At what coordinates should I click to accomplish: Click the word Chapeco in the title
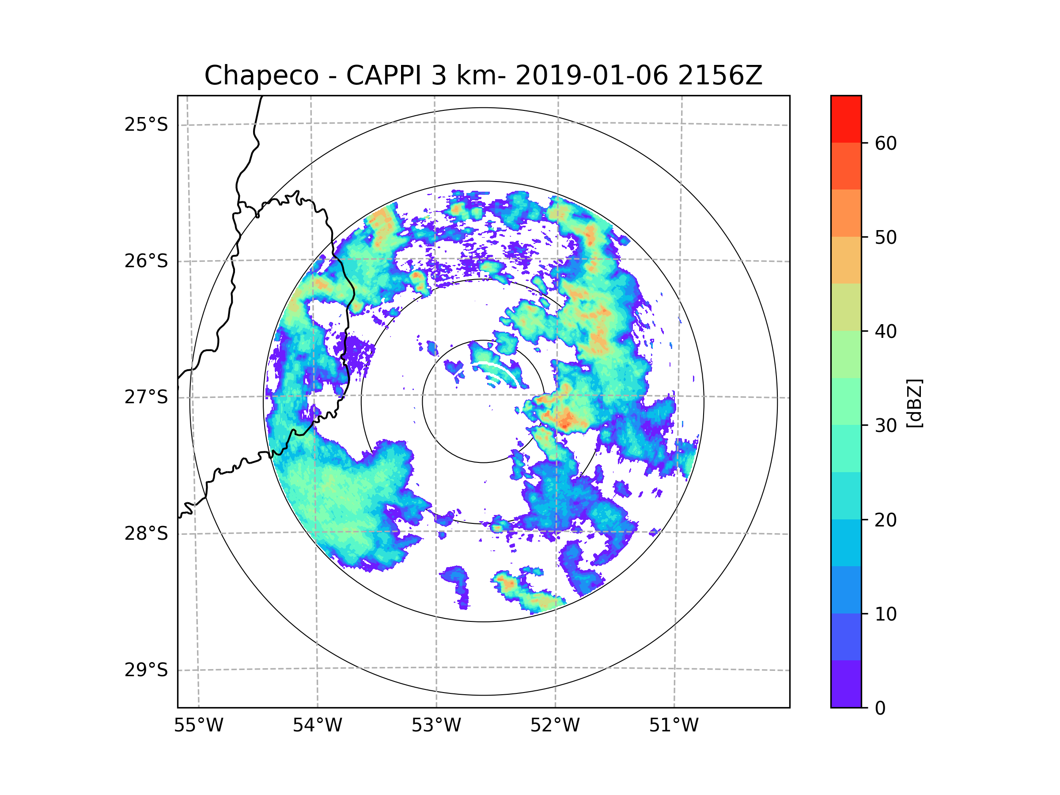261,76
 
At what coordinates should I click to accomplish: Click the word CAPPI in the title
383,76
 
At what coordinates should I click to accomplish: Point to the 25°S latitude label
146,125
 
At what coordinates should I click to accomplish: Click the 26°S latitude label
146,261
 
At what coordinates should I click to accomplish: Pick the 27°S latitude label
146,397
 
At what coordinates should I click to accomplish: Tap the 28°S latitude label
146,534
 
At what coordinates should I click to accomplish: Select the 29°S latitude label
146,670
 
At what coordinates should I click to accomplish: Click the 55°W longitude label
198,726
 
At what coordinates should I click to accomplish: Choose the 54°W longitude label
317,726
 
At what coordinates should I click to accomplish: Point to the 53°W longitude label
436,726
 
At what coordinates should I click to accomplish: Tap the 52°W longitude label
555,726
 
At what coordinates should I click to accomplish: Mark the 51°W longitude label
674,726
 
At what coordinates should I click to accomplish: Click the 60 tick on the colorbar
886,143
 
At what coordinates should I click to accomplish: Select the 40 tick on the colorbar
886,332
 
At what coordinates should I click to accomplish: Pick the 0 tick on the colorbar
880,708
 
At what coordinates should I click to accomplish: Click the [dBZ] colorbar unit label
914,403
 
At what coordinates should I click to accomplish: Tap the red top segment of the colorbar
846,119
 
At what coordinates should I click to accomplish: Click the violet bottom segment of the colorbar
846,684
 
